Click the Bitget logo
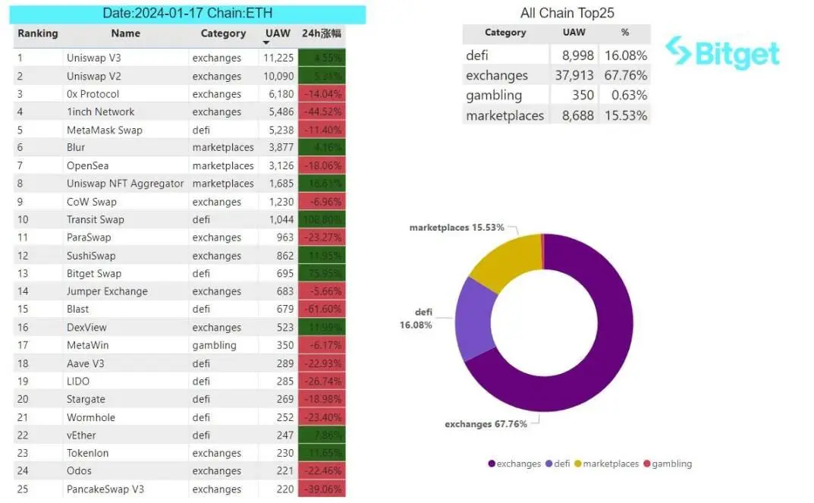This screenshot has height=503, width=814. (721, 52)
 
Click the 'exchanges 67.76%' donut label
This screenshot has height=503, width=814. (486, 424)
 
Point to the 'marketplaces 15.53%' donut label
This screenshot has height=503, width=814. (457, 228)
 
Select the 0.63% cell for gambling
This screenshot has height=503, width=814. (625, 95)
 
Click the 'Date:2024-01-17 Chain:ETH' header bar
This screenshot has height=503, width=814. (187, 14)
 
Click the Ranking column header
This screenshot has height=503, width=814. (38, 33)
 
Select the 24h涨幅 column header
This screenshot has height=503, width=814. (322, 33)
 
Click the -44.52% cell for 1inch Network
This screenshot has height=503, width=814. (322, 112)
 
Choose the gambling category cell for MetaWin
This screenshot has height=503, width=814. (214, 345)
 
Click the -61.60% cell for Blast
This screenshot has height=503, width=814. (322, 310)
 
